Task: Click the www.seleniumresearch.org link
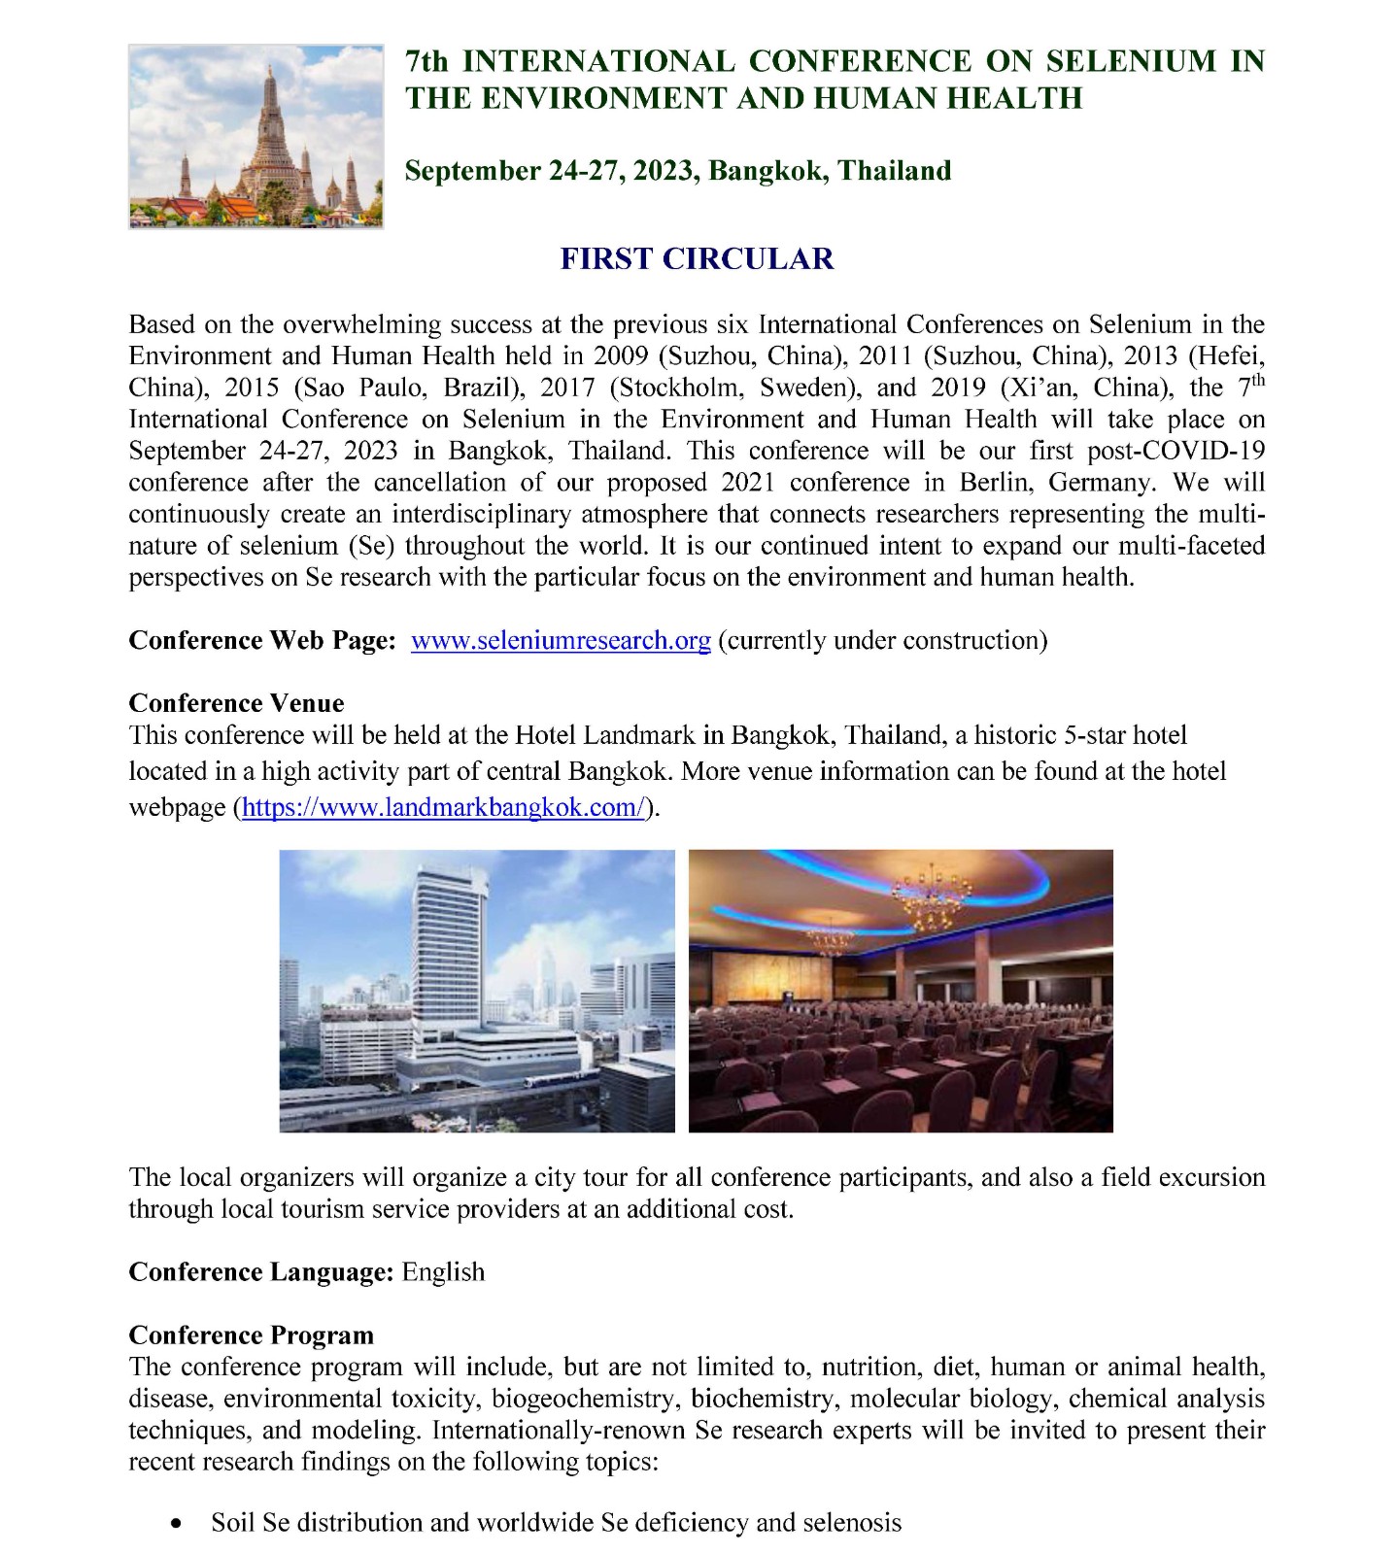pyautogui.click(x=561, y=641)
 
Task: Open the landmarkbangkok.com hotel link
pyautogui.click(x=443, y=808)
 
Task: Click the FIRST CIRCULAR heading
pyautogui.click(x=698, y=259)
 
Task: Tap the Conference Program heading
pyautogui.click(x=251, y=1334)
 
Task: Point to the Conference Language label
pyautogui.click(x=261, y=1271)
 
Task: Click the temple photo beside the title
pyautogui.click(x=256, y=137)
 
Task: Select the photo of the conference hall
pyautogui.click(x=901, y=991)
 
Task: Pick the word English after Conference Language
pyautogui.click(x=443, y=1271)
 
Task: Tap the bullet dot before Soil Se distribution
pyautogui.click(x=175, y=1524)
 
